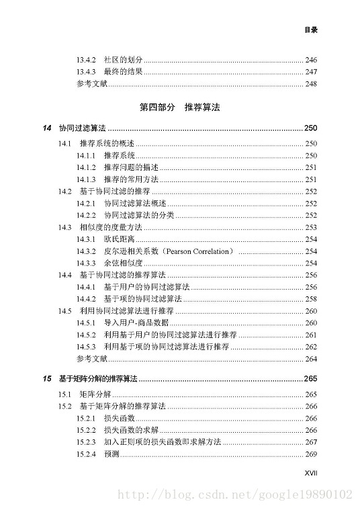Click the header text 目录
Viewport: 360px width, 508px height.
point(310,30)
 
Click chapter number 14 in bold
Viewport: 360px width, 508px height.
point(46,128)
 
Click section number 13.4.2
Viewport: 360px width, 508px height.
point(87,60)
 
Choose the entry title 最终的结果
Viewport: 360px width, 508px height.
point(122,72)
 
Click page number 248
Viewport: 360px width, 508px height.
point(310,84)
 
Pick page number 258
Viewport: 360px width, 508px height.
point(310,298)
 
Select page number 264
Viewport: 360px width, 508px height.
point(310,359)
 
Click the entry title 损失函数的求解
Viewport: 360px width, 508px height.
point(131,430)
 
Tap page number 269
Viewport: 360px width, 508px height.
point(310,454)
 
